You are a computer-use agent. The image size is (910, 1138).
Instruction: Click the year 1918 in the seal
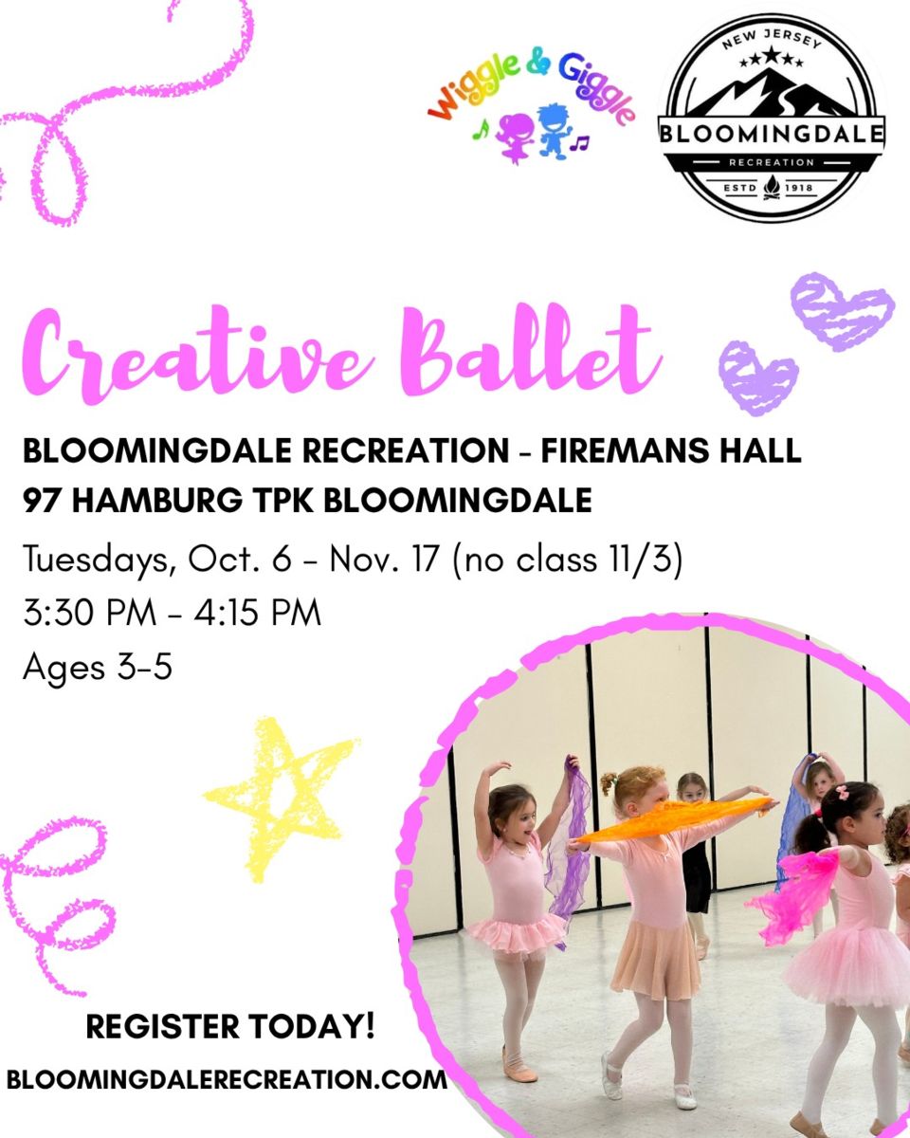pos(799,189)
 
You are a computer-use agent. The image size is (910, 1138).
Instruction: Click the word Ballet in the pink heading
pos(533,349)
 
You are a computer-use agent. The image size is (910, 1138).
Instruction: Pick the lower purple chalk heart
pos(757,377)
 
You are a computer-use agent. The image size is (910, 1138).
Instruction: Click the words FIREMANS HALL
pos(670,450)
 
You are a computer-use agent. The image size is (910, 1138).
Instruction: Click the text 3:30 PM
pos(89,613)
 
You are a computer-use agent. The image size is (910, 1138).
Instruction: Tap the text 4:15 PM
pos(258,613)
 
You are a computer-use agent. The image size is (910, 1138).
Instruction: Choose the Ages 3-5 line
pos(98,668)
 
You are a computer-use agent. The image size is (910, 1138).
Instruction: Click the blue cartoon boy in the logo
pos(554,130)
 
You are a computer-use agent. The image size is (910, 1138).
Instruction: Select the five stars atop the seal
pos(772,58)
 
